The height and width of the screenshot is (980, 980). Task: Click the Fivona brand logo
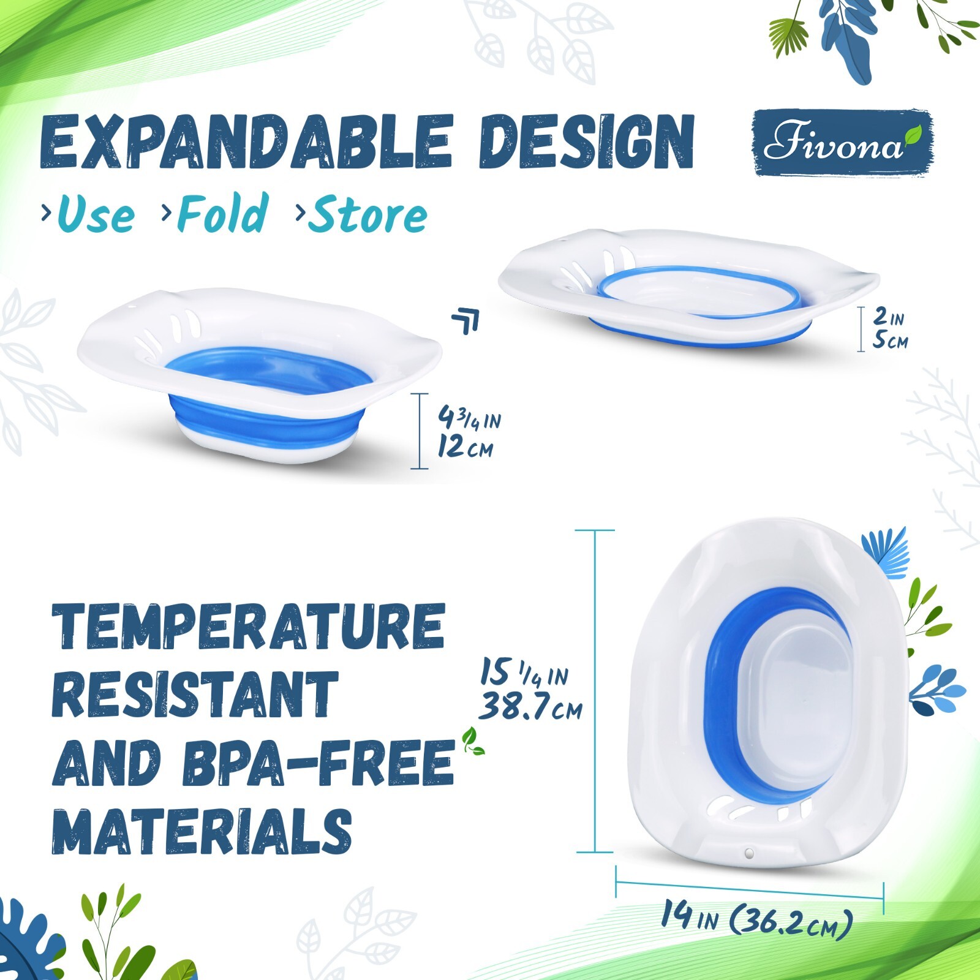coord(843,143)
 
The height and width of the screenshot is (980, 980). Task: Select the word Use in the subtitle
coord(96,214)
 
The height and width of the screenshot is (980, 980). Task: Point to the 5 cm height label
coord(890,340)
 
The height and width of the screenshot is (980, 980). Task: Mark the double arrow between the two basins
coord(466,321)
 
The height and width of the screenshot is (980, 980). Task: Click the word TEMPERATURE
coord(248,626)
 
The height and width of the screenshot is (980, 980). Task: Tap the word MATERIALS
coord(202,831)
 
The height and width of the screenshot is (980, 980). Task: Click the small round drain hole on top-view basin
coord(748,853)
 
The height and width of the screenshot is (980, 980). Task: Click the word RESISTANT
coord(195,695)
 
